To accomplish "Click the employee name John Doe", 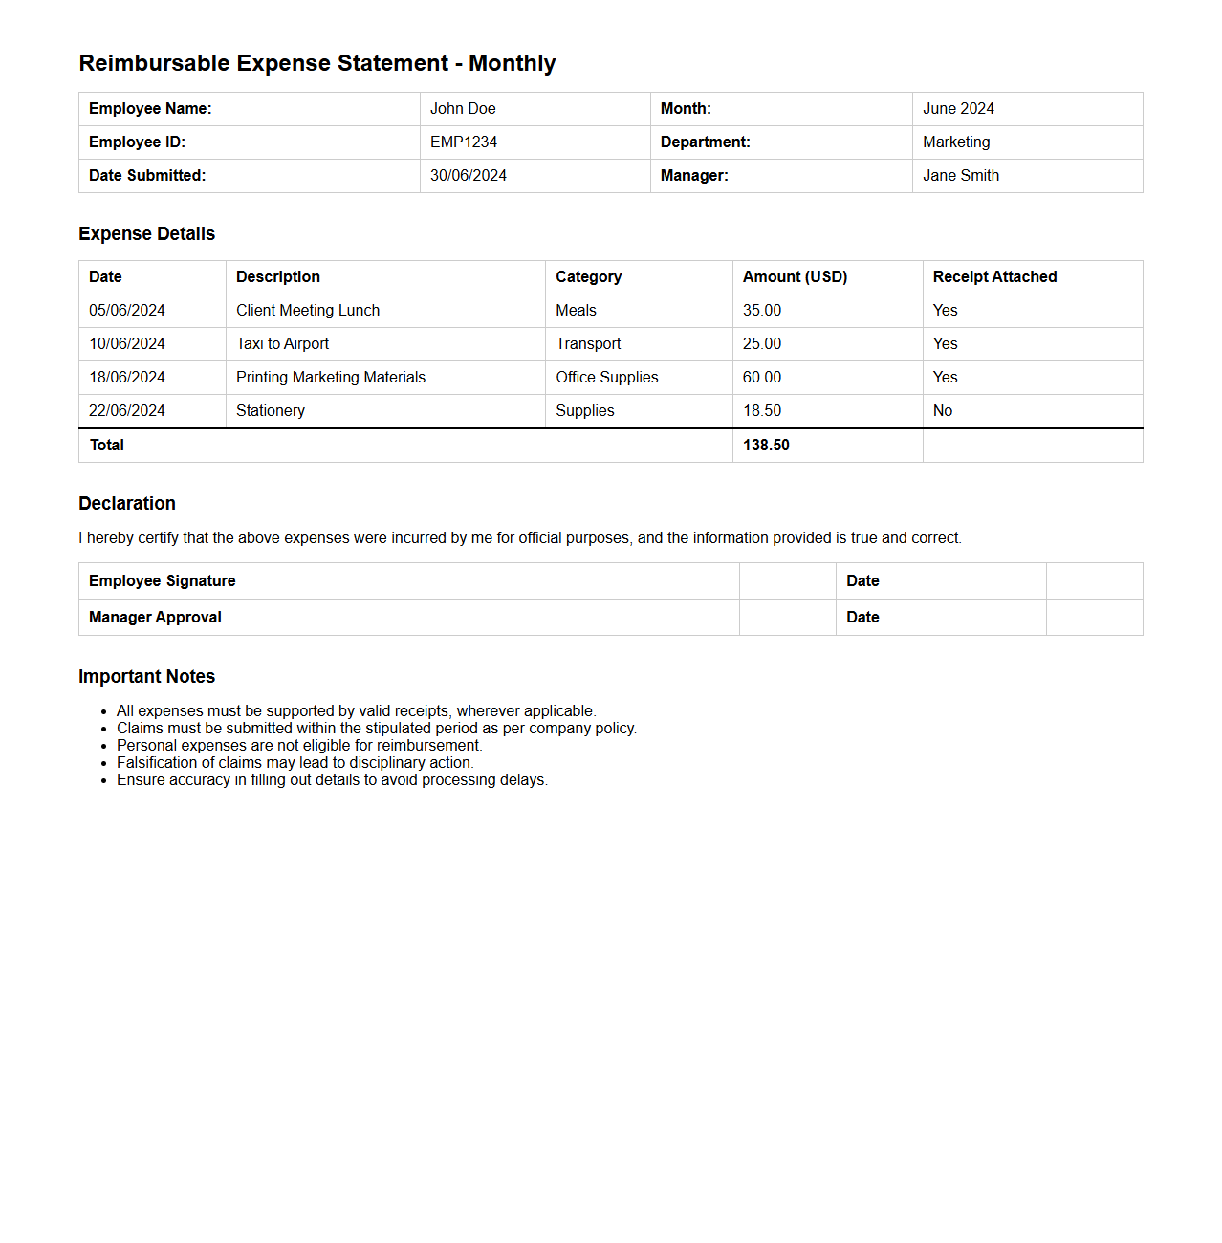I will (x=463, y=109).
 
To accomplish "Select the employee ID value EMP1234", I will (x=464, y=142).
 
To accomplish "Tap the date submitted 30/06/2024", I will (x=469, y=176).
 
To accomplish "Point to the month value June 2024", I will (x=958, y=109).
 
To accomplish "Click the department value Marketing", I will (x=956, y=142).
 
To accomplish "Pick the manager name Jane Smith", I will (x=961, y=176).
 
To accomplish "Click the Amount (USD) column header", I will (x=795, y=277).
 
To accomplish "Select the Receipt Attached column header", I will (x=994, y=277).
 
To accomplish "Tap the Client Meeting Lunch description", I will (x=308, y=311).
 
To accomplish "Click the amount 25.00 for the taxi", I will (x=762, y=344).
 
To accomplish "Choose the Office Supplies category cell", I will (x=607, y=378).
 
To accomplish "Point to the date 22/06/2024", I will (x=127, y=411).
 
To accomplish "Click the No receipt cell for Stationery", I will (x=943, y=411).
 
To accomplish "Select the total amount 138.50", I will (x=766, y=446).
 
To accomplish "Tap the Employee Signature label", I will (x=163, y=581).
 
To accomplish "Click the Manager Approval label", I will (x=155, y=618).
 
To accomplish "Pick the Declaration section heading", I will (x=127, y=504).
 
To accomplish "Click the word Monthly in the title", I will (x=512, y=64).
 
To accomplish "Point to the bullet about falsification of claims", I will (x=295, y=763).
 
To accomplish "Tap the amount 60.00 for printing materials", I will (x=762, y=378).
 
